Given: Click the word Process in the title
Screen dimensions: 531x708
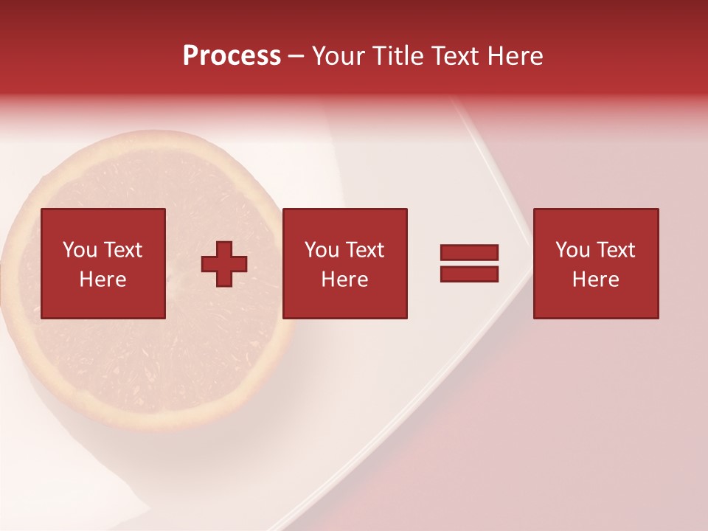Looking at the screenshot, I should point(232,56).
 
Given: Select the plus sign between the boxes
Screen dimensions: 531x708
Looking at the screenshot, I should point(224,264).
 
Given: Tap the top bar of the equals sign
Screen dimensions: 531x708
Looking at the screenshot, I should point(469,252).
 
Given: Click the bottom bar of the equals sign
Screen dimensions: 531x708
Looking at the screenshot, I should point(469,274).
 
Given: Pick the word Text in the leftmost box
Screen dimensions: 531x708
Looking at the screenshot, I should point(122,250).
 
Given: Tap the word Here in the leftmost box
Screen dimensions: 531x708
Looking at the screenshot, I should point(103,280).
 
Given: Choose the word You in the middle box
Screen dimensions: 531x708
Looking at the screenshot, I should point(322,250).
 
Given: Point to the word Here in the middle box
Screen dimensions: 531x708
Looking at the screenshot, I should point(344,280).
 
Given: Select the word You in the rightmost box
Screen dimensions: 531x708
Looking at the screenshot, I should point(573,250).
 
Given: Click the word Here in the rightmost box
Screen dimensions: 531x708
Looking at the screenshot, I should point(595,280).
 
